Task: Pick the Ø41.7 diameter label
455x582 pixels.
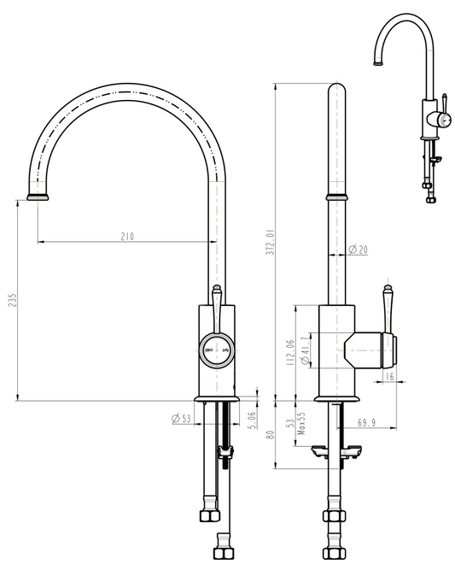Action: pyautogui.click(x=305, y=351)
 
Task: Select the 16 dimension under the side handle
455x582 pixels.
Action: pyautogui.click(x=389, y=376)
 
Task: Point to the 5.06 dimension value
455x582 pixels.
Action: pyautogui.click(x=252, y=420)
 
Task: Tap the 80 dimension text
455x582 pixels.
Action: pyautogui.click(x=270, y=434)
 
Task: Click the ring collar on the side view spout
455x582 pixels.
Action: pyautogui.click(x=338, y=197)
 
